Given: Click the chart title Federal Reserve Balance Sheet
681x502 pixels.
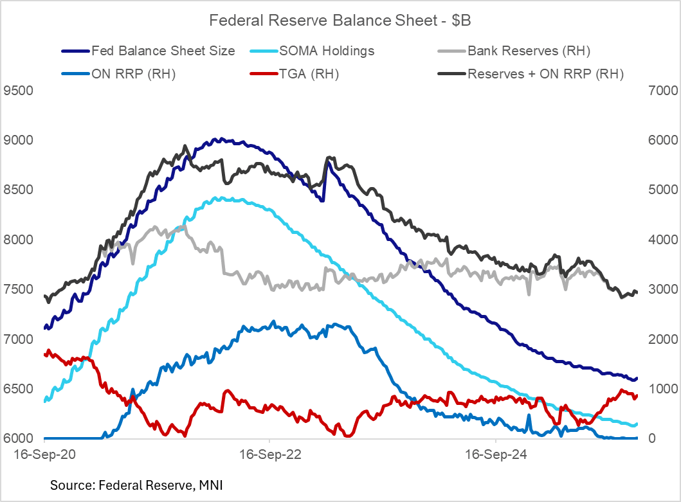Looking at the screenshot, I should tap(340, 21).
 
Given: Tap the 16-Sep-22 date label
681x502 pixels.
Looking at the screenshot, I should tap(270, 454).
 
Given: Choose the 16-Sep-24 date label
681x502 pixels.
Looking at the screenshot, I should tap(495, 454).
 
